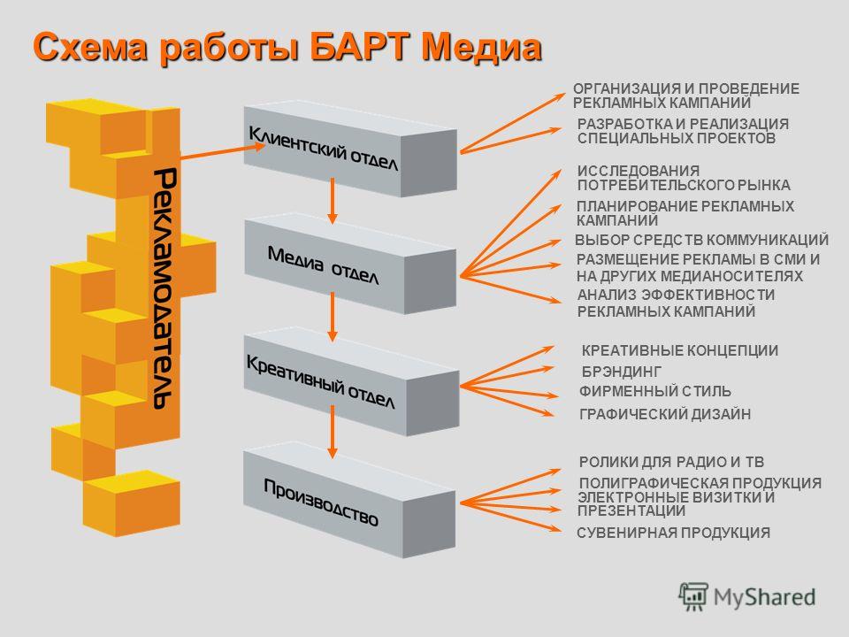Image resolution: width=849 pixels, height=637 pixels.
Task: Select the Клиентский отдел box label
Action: coord(324,148)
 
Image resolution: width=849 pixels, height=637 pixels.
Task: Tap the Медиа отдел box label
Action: coord(324,265)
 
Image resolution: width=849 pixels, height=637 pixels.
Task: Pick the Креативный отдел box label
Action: coord(320,381)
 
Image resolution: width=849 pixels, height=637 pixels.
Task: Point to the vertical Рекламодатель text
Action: coord(164,288)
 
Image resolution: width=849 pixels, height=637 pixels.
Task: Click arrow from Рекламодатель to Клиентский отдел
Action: coord(223,151)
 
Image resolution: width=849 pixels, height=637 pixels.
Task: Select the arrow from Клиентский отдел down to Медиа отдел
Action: coord(333,201)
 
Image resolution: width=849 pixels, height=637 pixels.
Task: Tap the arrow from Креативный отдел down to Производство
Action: coord(333,432)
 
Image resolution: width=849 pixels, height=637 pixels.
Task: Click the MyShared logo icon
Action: coord(693,597)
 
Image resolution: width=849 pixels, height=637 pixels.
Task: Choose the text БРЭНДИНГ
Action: coord(622,372)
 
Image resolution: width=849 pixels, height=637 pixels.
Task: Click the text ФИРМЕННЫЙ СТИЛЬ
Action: coord(655,391)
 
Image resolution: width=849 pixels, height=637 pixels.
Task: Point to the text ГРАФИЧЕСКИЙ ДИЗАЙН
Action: coord(665,414)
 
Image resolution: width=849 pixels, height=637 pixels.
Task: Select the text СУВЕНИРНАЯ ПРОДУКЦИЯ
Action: coord(673,533)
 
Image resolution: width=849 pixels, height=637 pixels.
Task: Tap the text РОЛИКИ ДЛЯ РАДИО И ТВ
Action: coord(671,462)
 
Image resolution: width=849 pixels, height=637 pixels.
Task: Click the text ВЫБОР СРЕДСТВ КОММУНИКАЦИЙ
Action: coord(701,240)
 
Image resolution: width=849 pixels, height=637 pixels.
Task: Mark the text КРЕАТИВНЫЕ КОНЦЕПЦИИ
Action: coord(679,350)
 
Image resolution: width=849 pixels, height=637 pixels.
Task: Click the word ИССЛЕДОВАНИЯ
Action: coord(638,171)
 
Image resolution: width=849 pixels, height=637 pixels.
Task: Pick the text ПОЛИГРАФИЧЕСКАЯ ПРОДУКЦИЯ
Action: coord(700,483)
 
